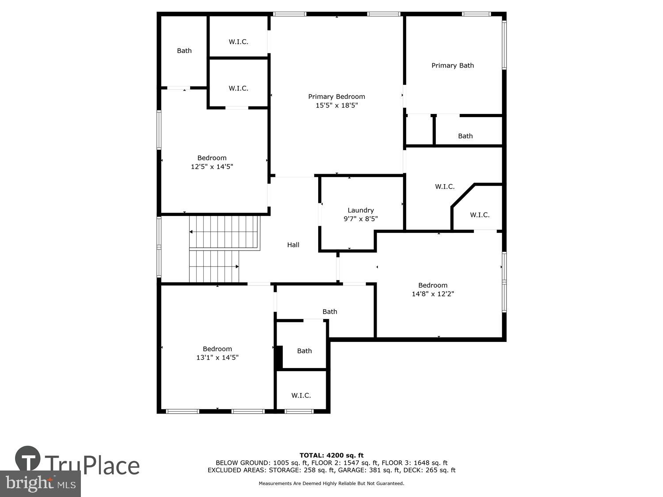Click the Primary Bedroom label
[x=336, y=96]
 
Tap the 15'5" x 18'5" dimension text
[x=336, y=105]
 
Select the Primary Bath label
[x=453, y=65]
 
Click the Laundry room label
[x=361, y=210]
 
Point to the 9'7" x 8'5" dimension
[x=361, y=219]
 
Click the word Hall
[x=293, y=245]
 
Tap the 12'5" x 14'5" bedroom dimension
[x=212, y=167]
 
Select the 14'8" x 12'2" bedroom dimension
[x=433, y=294]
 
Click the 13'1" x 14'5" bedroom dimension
[x=217, y=357]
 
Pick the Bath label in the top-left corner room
[x=184, y=51]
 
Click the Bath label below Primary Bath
[x=465, y=136]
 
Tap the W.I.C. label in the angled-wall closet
[x=480, y=215]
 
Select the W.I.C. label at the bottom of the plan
[x=301, y=395]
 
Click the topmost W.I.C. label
[x=238, y=42]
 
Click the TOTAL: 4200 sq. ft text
[x=331, y=455]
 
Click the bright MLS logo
[x=40, y=483]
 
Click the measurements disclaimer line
[x=331, y=483]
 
